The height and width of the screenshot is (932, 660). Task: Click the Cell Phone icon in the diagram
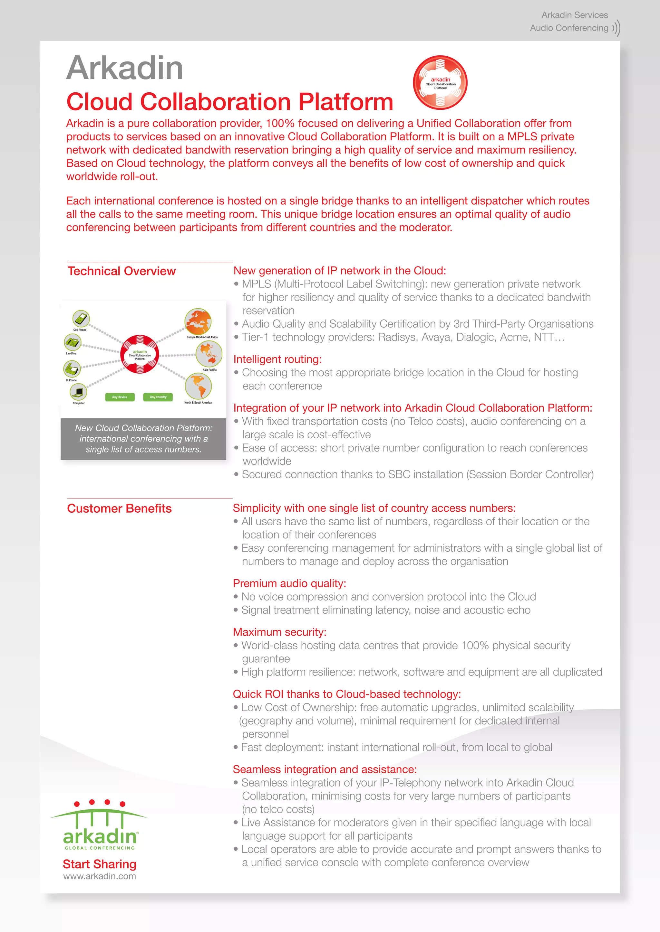pos(81,319)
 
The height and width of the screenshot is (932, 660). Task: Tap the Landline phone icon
pos(72,342)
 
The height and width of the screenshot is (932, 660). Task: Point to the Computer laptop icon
pos(78,392)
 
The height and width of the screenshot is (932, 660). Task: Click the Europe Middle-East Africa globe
pos(198,322)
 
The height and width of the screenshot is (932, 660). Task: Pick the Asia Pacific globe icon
pos(209,354)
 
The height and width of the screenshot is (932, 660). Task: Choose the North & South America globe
pos(198,386)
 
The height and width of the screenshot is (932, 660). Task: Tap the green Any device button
pos(120,397)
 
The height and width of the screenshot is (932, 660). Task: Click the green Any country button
pos(158,397)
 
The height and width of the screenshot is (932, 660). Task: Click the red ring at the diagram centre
pos(140,354)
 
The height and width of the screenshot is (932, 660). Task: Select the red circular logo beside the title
pos(440,82)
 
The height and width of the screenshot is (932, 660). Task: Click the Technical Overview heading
pos(121,271)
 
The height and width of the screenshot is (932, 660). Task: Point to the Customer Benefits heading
pos(120,508)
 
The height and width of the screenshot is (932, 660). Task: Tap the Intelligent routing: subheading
pos(277,359)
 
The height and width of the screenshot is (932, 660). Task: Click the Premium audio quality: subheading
pos(289,583)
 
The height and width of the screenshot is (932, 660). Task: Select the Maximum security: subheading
pos(280,632)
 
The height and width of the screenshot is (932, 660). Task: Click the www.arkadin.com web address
pos(100,876)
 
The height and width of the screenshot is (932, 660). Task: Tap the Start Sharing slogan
pos(100,864)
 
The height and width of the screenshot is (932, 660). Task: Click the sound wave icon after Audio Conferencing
pos(616,28)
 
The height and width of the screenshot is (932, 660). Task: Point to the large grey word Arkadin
pos(125,68)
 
